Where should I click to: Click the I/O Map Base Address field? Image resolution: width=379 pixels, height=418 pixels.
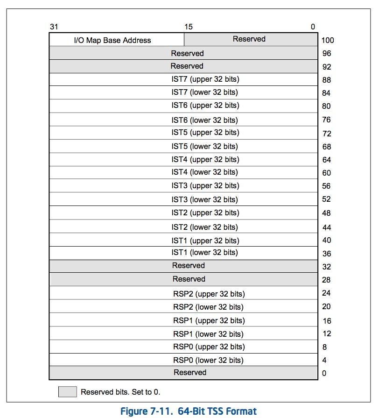point(112,40)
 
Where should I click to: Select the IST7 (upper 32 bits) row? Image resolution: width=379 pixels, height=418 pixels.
point(205,79)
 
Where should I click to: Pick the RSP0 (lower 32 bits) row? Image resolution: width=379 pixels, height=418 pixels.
point(208,360)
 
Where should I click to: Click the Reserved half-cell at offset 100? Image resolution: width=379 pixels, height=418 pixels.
point(249,39)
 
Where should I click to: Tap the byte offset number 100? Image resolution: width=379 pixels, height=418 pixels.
point(328,40)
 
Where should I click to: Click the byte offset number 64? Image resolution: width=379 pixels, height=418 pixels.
point(327,160)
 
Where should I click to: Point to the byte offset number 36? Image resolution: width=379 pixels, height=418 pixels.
point(327,254)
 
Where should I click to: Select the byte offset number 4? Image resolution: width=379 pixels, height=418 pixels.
point(324,360)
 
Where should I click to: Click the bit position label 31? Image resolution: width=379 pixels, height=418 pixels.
point(54,27)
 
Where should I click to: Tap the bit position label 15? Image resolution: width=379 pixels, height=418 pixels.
point(188,27)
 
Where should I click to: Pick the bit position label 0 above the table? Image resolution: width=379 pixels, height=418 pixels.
point(313,27)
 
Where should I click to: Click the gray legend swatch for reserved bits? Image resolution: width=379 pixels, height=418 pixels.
point(67,391)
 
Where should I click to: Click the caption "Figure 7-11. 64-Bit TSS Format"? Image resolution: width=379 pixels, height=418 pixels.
point(189,411)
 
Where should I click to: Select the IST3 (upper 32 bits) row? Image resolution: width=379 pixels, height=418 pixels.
point(205,186)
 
